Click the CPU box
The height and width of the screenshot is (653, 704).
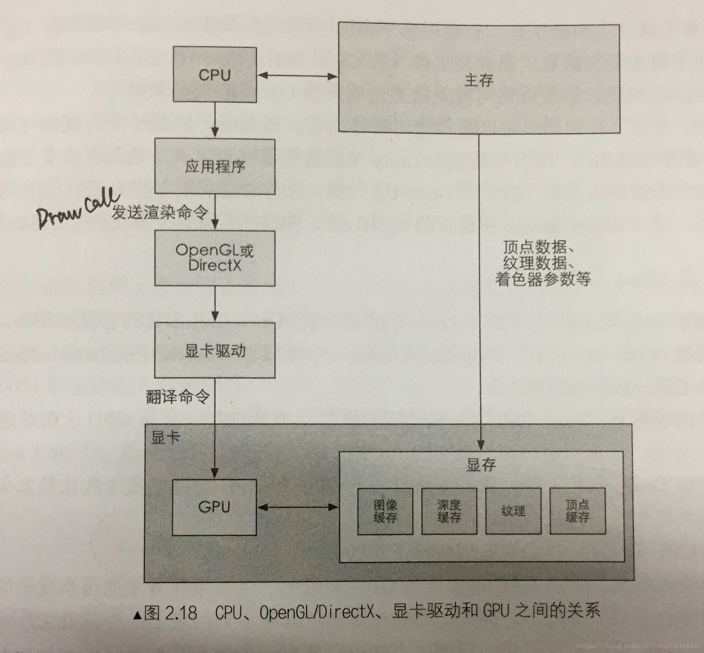(x=215, y=75)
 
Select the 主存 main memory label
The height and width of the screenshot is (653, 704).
(x=479, y=80)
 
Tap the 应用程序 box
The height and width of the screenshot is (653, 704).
(x=215, y=167)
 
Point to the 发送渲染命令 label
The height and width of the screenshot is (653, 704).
(x=160, y=212)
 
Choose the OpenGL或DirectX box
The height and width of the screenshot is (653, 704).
(x=215, y=258)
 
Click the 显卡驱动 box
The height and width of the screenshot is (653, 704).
(x=215, y=350)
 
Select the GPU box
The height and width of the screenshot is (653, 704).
(x=214, y=507)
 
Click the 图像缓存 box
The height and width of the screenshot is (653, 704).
(x=385, y=511)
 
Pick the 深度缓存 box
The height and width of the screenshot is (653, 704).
(x=449, y=511)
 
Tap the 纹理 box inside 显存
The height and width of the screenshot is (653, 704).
(x=513, y=511)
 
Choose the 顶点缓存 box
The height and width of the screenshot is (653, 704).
(x=577, y=511)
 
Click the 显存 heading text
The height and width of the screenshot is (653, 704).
(x=481, y=465)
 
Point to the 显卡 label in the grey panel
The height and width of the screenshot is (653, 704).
(x=165, y=438)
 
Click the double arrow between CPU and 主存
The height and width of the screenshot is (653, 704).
(x=297, y=76)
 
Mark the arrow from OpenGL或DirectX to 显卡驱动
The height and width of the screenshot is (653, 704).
(x=215, y=304)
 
